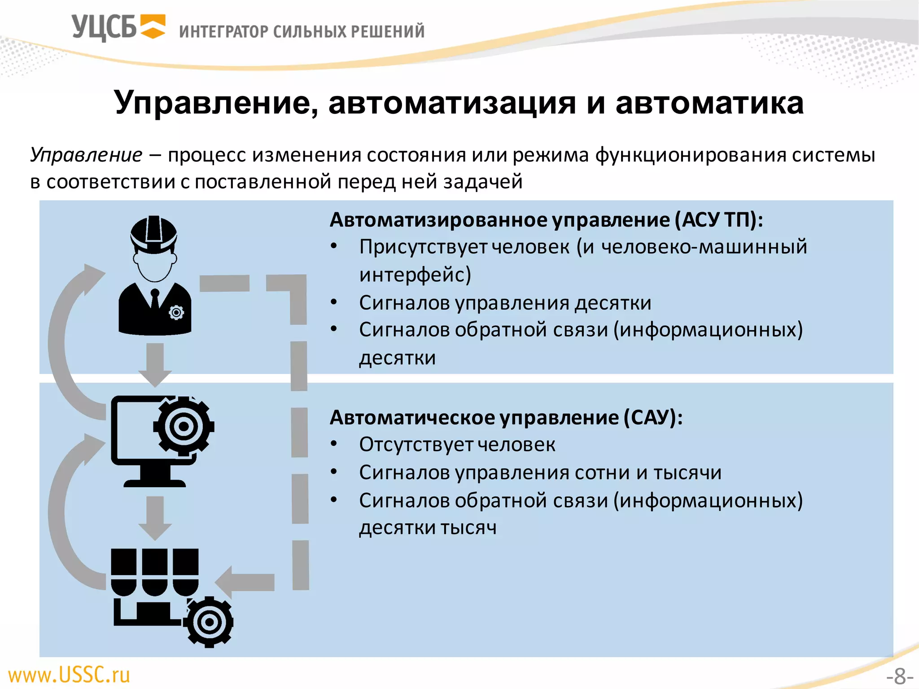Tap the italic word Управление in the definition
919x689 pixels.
click(86, 155)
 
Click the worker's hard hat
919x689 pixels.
click(154, 233)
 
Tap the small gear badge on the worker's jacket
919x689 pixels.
click(176, 312)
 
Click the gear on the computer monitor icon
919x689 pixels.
click(184, 426)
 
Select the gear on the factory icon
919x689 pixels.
click(209, 622)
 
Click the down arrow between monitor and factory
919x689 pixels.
click(155, 518)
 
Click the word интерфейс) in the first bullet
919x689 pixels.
click(415, 275)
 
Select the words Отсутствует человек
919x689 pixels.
click(457, 445)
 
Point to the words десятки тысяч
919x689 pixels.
click(428, 528)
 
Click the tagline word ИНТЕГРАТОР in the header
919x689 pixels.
click(223, 32)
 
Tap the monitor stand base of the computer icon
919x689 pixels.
click(155, 483)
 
